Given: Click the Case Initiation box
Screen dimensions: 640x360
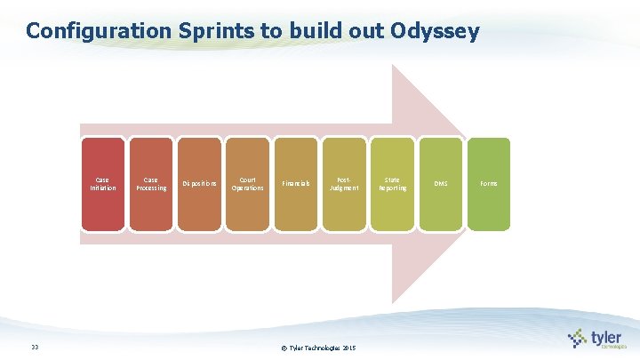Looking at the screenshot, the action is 102,184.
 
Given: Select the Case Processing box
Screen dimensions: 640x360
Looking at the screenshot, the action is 150,184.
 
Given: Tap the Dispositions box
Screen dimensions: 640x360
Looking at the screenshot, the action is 199,184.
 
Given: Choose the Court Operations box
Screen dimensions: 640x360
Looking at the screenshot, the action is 247,184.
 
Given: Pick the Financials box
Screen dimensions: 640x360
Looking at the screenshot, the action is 296,184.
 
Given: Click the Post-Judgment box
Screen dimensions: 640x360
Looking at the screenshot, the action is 344,184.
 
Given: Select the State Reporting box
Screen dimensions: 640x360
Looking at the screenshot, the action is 392,184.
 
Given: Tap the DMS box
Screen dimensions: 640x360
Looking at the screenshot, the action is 441,184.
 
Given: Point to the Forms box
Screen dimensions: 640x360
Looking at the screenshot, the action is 489,184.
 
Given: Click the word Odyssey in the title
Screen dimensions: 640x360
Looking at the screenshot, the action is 434,32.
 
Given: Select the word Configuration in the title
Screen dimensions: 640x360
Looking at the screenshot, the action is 95,32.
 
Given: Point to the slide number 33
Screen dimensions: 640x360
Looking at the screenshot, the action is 34,348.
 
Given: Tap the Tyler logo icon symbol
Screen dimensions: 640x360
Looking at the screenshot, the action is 578,338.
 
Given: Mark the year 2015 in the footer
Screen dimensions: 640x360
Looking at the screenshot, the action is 348,348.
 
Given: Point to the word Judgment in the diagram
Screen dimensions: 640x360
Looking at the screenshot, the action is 344,188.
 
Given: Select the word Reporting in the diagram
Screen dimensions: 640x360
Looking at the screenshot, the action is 392,188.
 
